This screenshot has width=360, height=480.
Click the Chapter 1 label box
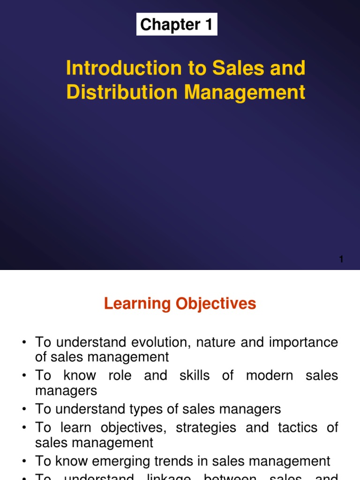[x=177, y=24]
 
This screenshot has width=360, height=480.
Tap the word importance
[x=304, y=343]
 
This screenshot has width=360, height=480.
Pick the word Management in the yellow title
[x=245, y=92]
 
